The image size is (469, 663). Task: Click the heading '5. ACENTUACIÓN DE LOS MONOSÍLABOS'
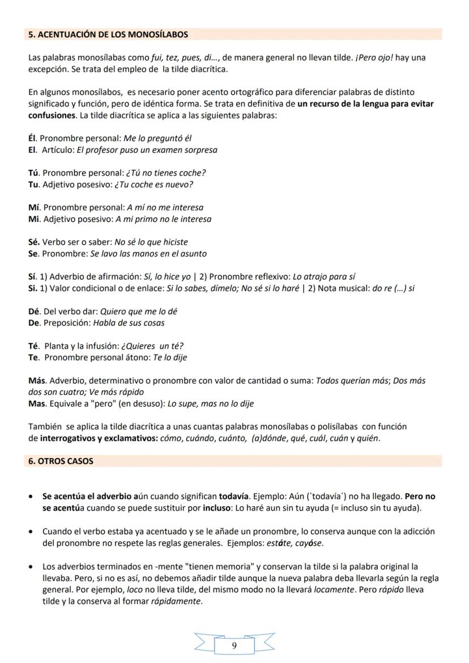108,35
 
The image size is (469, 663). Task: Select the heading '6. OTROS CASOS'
61,461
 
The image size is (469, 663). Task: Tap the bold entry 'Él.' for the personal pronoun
33,138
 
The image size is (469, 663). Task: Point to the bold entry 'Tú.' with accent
34,173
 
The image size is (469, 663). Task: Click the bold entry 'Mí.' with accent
34,207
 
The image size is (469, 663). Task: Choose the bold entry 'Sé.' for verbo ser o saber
34,242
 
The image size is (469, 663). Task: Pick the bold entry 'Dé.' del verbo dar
34,311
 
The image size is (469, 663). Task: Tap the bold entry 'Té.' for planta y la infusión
33,346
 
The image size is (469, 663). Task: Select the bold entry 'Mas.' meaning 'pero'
37,404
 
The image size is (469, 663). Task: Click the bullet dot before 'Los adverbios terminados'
31,566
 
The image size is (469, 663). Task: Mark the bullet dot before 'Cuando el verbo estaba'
31,532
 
